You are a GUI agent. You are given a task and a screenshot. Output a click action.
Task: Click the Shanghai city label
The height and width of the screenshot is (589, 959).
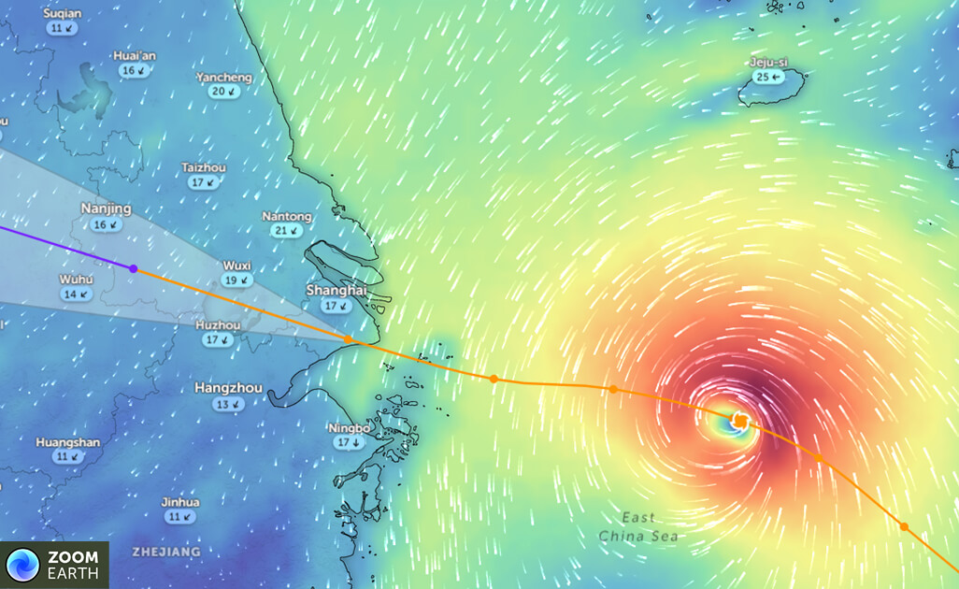pos(336,291)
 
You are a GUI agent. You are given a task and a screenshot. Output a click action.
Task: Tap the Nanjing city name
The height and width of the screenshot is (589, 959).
pos(106,208)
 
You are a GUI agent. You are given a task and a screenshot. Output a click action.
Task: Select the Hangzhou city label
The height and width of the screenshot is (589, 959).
pos(228,387)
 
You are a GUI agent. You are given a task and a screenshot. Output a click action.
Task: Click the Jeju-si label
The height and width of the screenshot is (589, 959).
pos(768,63)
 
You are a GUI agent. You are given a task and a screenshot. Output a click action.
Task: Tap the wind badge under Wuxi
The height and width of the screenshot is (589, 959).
pos(237,280)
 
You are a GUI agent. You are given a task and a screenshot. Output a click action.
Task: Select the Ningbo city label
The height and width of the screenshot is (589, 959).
pos(350,428)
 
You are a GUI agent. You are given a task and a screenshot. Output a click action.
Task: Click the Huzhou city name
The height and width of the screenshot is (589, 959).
pos(218,325)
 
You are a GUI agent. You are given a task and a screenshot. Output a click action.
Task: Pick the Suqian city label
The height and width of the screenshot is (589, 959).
pos(63,14)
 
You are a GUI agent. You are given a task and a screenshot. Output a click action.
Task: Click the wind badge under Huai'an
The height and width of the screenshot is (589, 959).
pos(135,70)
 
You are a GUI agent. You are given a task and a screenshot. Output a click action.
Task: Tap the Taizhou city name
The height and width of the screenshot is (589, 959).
pos(204,167)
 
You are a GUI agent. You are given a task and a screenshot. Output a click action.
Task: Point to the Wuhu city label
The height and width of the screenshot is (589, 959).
pos(76,280)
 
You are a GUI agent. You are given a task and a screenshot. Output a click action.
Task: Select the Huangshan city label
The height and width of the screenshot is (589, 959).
pos(67,442)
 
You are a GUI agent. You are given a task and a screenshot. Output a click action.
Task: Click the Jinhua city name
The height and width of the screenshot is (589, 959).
pos(180,502)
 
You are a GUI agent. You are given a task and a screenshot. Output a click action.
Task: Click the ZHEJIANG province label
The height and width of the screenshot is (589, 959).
pos(166,553)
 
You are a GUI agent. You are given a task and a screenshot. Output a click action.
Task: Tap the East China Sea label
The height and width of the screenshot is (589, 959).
pos(639,527)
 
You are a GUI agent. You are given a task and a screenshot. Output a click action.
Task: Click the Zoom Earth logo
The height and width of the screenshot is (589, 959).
pos(54,565)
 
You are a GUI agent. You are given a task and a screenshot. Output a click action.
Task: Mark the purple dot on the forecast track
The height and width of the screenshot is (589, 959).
pos(134,268)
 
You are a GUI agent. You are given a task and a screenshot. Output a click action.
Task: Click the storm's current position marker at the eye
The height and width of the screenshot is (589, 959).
pos(740,422)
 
